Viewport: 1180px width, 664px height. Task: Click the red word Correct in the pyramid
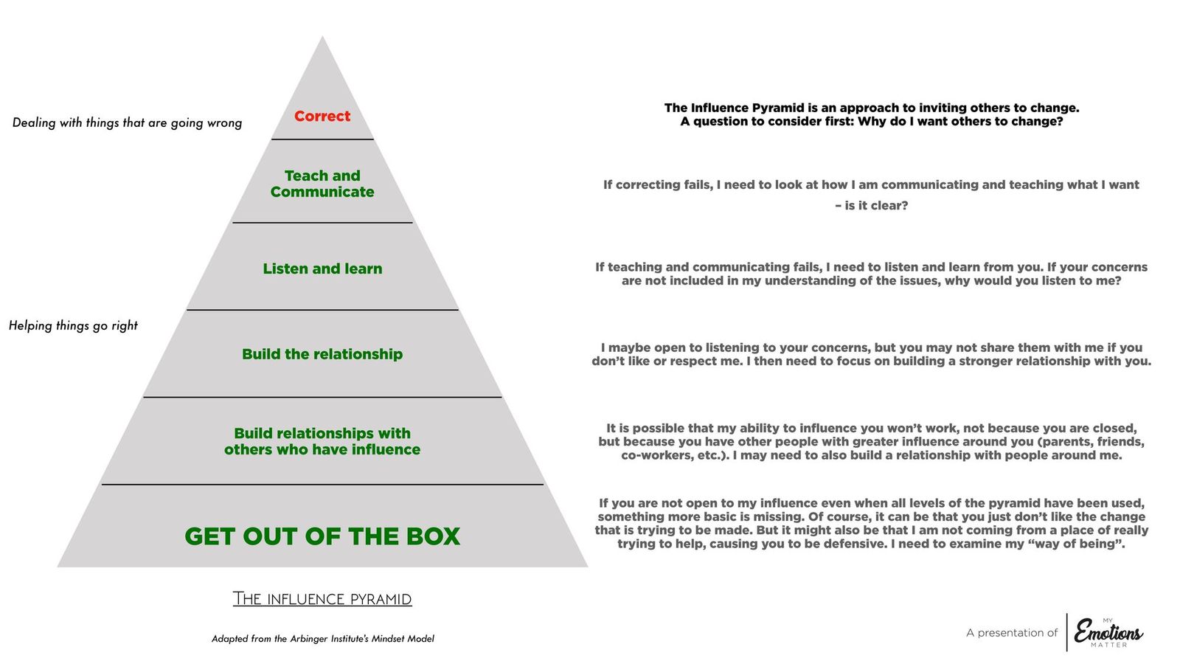(322, 117)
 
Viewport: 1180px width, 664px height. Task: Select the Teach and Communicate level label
(322, 184)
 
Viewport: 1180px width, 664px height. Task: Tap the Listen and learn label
(322, 269)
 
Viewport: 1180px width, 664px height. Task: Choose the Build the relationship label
(322, 354)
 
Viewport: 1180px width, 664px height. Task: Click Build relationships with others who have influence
(322, 441)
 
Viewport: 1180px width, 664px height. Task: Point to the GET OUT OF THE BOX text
(322, 536)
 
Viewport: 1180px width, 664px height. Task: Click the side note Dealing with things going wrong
(127, 122)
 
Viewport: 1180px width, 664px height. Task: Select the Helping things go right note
(73, 325)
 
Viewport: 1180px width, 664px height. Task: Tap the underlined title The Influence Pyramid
(322, 598)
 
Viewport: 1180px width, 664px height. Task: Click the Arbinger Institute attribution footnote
(322, 639)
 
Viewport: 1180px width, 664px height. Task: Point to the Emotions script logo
(1108, 632)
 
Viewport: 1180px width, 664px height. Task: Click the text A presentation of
(1011, 633)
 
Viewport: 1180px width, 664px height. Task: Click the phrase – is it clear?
(871, 206)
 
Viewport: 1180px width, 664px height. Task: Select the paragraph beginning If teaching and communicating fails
(871, 274)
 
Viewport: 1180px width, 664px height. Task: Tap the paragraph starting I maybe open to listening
(871, 354)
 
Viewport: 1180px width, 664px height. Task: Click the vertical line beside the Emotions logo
(1066, 632)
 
